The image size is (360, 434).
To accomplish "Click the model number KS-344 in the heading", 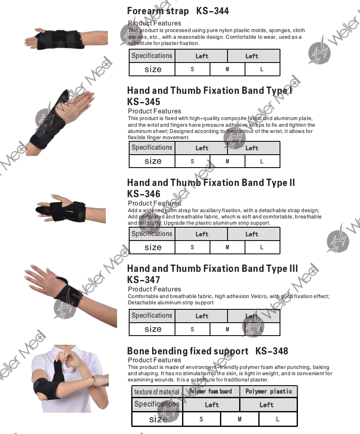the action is click(x=212, y=11).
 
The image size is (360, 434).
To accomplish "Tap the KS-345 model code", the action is click(x=144, y=102).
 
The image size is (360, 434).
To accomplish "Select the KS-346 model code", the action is click(x=144, y=194).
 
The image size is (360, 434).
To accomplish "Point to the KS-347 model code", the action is click(x=144, y=280).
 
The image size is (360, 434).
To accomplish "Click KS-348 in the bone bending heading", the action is click(x=272, y=351).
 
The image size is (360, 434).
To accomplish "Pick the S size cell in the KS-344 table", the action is click(x=192, y=69).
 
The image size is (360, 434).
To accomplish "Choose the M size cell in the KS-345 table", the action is click(x=227, y=161).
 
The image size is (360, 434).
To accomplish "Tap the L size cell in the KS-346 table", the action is click(x=262, y=247).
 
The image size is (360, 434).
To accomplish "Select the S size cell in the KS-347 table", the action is click(x=192, y=329).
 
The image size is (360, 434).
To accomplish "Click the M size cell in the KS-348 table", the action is click(x=240, y=419).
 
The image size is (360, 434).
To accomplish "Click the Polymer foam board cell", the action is click(x=210, y=391).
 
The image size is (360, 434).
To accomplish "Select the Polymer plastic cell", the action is click(x=269, y=391).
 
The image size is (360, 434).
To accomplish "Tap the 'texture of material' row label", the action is click(x=157, y=391).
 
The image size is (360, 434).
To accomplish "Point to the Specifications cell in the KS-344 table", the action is click(x=152, y=55).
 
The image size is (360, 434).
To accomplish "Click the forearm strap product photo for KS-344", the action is click(x=66, y=39).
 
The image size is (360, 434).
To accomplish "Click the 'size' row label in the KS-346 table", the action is click(x=153, y=247).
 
